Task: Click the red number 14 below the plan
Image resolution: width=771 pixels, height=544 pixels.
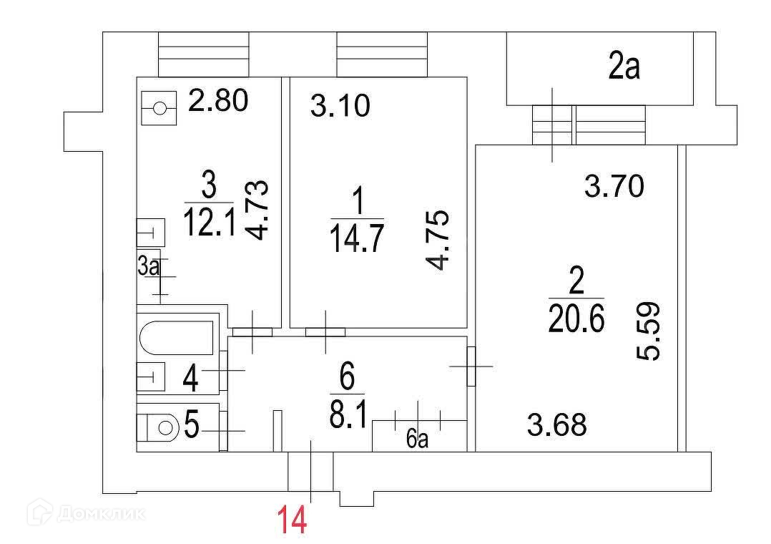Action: pos(292,520)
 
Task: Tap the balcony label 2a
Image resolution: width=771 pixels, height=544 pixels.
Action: pos(624,69)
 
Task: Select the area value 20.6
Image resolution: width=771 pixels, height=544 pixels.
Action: pos(576,319)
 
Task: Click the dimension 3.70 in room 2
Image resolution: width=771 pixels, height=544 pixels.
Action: pos(614,188)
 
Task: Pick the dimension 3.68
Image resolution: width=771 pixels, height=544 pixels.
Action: pos(557,425)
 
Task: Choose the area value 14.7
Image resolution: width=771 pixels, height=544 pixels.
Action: pos(356,238)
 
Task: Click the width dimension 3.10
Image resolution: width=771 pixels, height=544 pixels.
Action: pos(340,107)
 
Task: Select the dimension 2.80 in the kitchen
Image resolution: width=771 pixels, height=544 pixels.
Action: pos(217,101)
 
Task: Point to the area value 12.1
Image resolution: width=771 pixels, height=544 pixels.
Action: pos(208,222)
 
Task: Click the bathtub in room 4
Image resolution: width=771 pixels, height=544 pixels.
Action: pos(177,338)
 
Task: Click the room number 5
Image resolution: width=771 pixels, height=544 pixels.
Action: pos(191,425)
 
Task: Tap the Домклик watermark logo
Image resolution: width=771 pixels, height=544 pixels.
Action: pos(86,513)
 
